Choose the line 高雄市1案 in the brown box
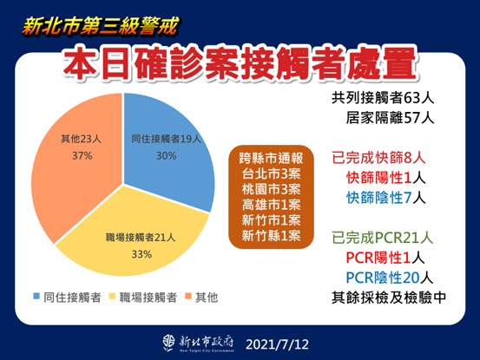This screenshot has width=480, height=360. pos(273,206)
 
